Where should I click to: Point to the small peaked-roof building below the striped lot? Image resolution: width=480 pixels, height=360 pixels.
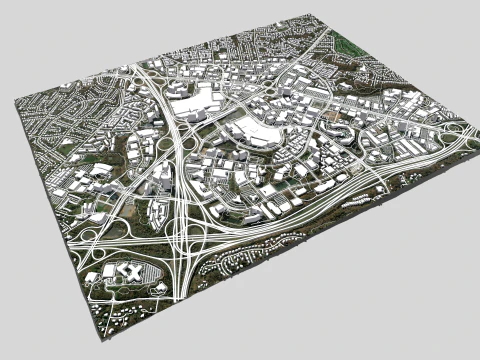(x=158, y=290)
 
